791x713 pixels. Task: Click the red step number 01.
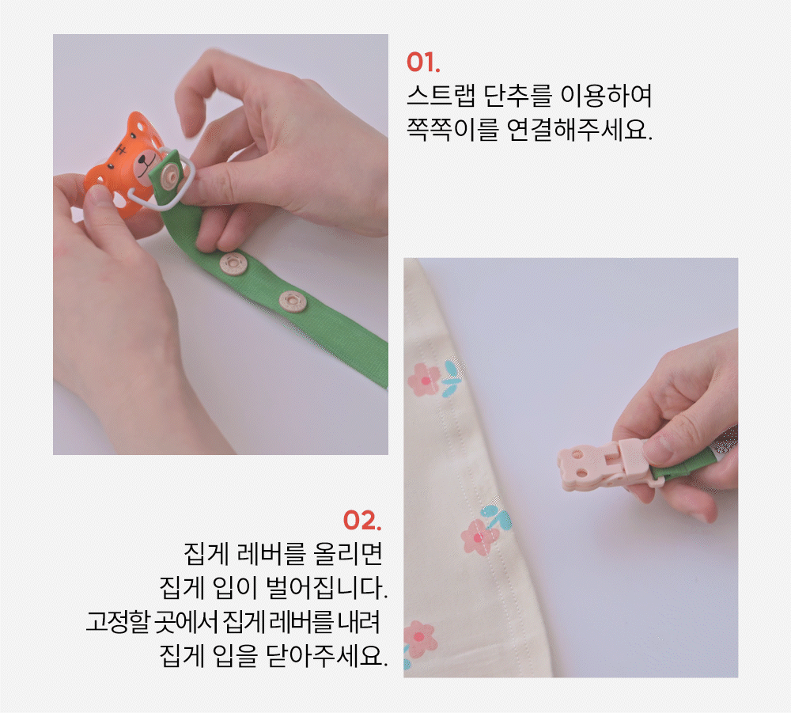[423, 63]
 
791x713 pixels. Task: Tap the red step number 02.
[362, 520]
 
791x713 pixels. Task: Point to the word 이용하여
[607, 96]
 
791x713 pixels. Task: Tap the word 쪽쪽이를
[452, 130]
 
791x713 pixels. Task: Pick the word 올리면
[347, 554]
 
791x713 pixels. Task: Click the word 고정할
[118, 622]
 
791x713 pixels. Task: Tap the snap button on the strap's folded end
[169, 176]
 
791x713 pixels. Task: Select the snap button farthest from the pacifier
[293, 302]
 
